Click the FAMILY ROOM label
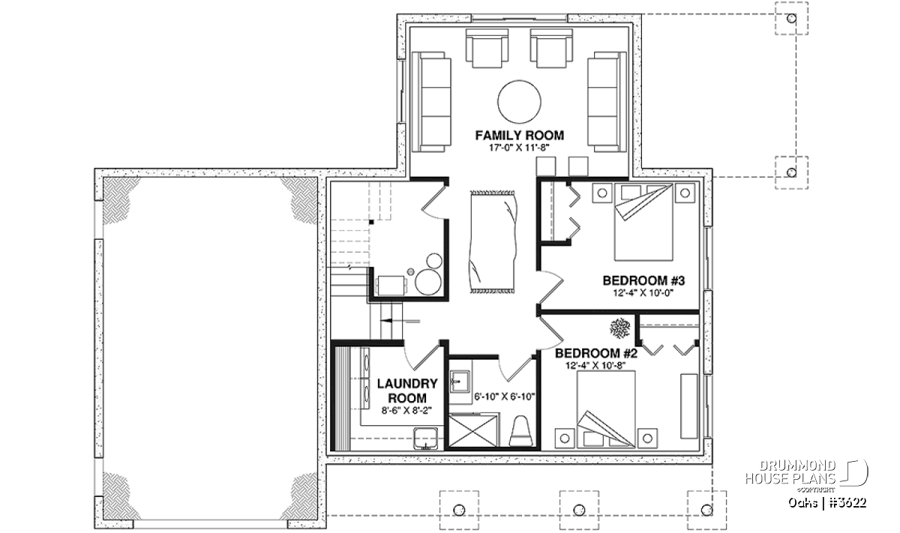519,136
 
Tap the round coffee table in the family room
519,102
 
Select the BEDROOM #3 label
643,280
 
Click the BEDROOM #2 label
596,353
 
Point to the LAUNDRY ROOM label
407,391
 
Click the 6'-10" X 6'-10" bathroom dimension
505,397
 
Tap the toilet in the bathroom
520,431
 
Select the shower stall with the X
474,431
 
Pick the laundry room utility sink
426,439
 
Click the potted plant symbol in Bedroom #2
619,328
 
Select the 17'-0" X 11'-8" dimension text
519,148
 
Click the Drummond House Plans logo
806,475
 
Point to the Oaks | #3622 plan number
827,502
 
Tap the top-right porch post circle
791,19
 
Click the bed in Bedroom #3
643,222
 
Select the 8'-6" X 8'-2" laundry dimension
406,411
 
